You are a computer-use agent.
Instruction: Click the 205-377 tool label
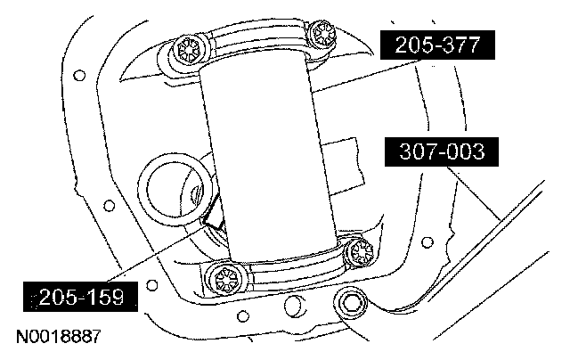pos(437,45)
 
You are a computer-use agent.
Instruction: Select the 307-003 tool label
pos(442,151)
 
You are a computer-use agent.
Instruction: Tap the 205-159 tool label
pos(80,297)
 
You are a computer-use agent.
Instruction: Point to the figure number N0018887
pos(58,337)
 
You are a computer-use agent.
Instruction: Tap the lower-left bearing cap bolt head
pos(226,281)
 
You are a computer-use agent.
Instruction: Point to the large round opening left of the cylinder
pos(175,189)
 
